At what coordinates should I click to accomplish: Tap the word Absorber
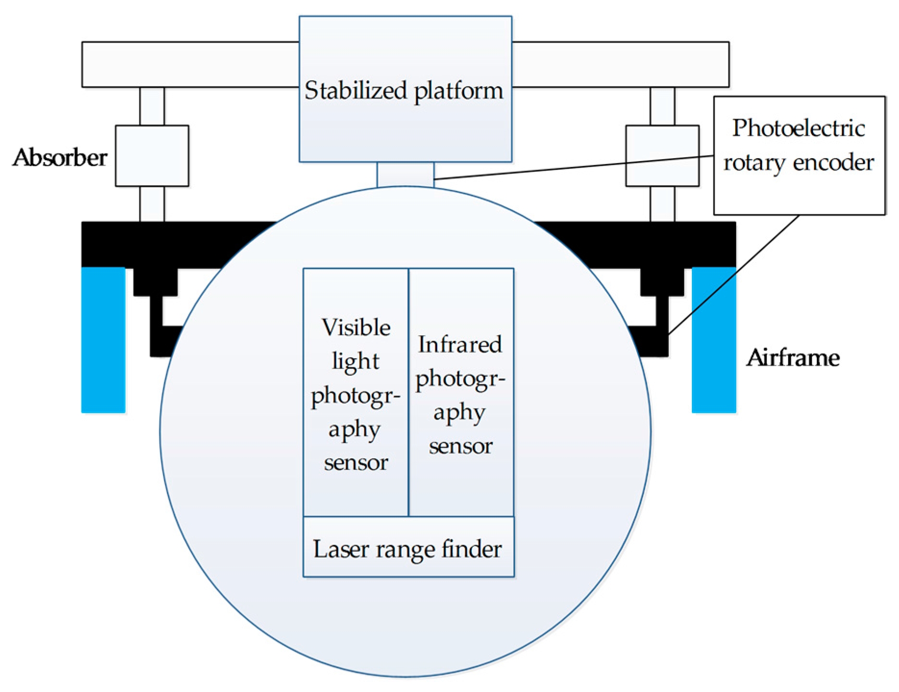coord(60,158)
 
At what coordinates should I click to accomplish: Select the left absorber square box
coord(152,156)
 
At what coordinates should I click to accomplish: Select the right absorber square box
coord(662,144)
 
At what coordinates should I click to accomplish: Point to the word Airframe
coord(793,358)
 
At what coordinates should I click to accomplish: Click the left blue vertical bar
coord(103,340)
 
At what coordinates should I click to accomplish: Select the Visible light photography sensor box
coord(356,392)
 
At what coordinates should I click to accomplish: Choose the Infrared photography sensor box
coord(461,392)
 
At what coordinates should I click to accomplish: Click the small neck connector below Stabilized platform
coord(405,175)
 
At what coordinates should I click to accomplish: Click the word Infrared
coord(460,345)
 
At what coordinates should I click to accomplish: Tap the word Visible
coord(356,327)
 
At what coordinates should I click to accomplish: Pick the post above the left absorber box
coord(152,106)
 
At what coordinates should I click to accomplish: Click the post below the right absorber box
coord(662,204)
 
